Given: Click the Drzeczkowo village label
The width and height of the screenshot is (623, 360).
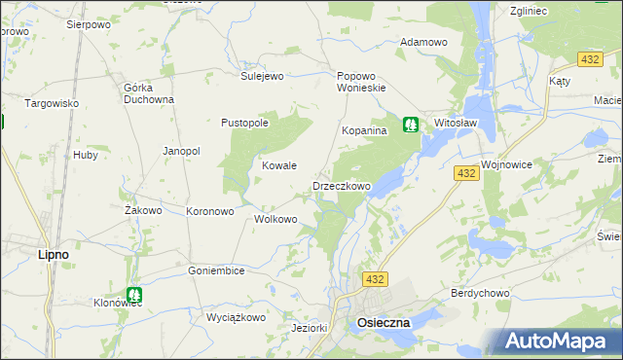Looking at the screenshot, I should pos(341,186).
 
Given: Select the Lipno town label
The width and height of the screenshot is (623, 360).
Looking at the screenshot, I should pos(53,254).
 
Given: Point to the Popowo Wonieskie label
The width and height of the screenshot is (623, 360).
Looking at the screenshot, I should pos(362,81).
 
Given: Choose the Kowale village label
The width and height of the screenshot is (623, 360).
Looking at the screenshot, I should pos(279,165).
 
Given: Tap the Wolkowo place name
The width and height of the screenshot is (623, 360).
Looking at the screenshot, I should pos(275,219).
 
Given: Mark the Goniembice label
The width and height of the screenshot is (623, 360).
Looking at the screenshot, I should pos(216,270).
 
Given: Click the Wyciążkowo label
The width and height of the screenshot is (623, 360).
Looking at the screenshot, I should pos(236,317).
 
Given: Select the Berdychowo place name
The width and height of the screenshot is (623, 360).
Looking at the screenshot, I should pos(481,292).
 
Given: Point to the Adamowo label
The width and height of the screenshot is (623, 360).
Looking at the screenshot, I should pos(423,43).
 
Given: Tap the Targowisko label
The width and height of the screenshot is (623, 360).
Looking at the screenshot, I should pos(52,102).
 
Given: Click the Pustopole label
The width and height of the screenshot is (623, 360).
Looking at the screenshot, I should pos(244,123).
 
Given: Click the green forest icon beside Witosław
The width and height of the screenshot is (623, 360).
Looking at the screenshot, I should pos(411,125).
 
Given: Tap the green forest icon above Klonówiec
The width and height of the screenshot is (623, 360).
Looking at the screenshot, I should pos(134,293).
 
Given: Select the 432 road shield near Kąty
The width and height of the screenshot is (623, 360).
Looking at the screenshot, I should pos(588,60).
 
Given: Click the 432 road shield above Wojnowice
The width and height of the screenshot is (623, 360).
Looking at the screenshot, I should pos(466,173).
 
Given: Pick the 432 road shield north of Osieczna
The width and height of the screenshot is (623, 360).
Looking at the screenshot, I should pos(376,279).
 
